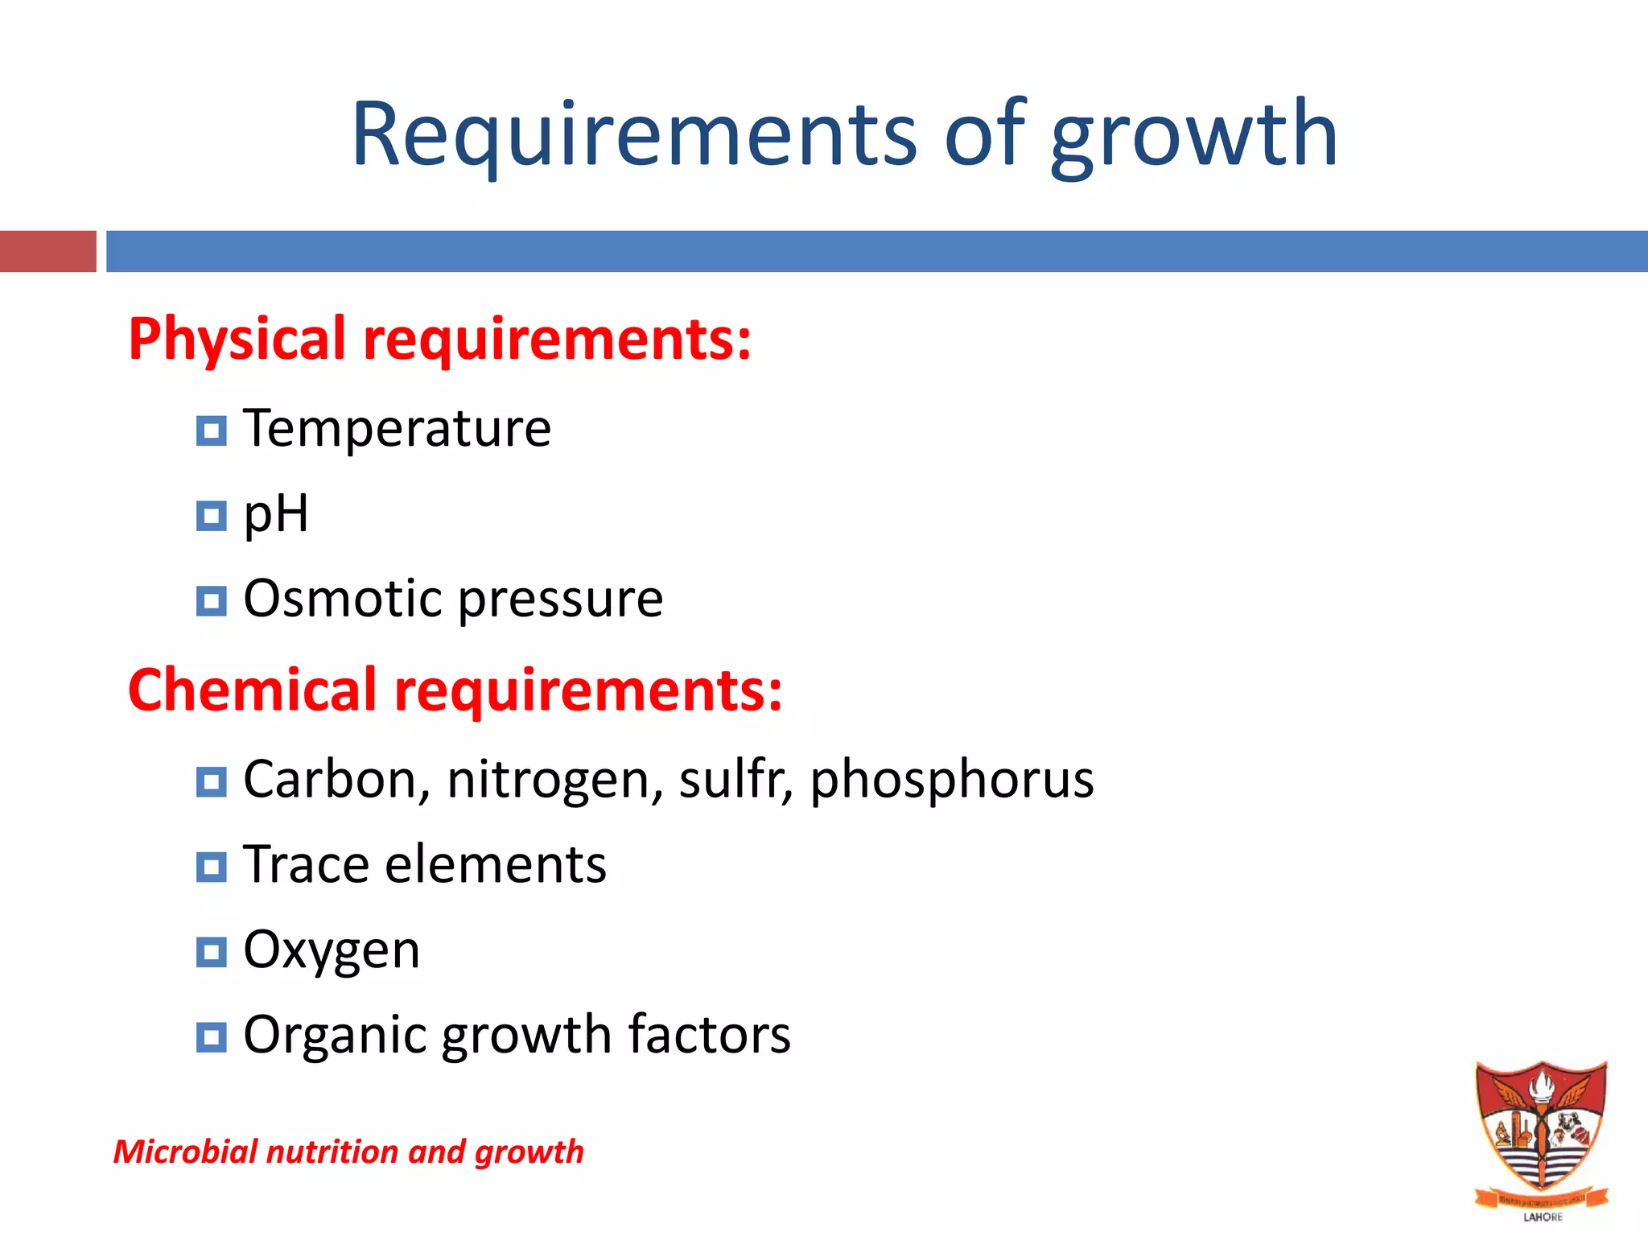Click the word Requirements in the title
[633, 134]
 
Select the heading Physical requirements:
[439, 339]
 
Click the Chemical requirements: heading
[455, 690]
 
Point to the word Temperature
[397, 428]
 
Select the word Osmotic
[342, 599]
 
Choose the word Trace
[306, 865]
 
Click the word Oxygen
[331, 950]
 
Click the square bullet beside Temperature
[211, 431]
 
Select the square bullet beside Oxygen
[211, 953]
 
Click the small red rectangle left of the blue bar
[47, 251]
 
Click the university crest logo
[1541, 1131]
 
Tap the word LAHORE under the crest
[1543, 1217]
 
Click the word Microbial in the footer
[185, 1152]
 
